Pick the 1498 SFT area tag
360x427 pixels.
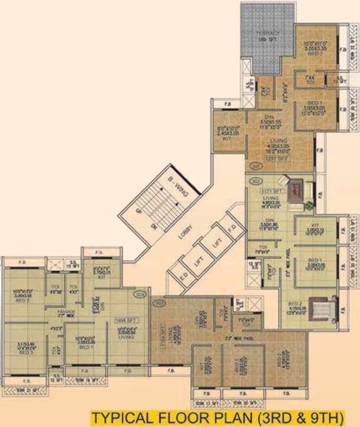(122, 321)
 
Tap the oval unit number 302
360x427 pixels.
(256, 181)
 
